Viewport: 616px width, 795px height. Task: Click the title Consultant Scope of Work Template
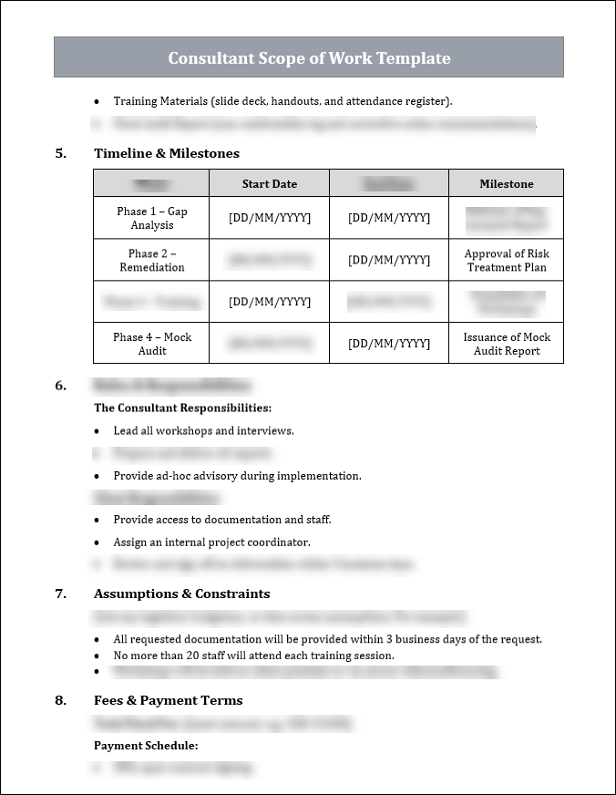pos(309,58)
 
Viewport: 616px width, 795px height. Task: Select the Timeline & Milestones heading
pos(167,153)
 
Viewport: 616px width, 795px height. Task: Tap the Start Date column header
pos(270,184)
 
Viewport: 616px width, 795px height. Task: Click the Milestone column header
pos(507,184)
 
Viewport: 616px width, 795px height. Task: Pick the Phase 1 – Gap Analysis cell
pos(152,218)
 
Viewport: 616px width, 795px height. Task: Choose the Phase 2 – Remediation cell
pos(152,261)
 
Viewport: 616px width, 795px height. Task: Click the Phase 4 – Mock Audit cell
pos(152,344)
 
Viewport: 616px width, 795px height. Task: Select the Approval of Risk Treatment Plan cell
pos(507,261)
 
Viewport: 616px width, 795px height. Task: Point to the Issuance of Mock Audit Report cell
pos(507,344)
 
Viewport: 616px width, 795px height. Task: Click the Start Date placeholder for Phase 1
pos(270,218)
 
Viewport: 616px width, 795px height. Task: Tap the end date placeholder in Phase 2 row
pos(389,261)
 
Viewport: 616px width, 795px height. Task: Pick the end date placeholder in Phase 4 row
pos(389,344)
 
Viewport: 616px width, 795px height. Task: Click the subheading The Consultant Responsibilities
pos(182,408)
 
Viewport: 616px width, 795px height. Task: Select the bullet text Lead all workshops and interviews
pos(203,430)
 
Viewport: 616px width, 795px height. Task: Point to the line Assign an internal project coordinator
pos(211,542)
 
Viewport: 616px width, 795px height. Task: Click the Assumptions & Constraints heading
pos(181,594)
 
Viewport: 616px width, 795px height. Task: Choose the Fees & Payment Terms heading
pos(168,700)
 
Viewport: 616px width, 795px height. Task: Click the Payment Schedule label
pos(146,746)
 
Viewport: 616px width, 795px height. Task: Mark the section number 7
pos(60,594)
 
